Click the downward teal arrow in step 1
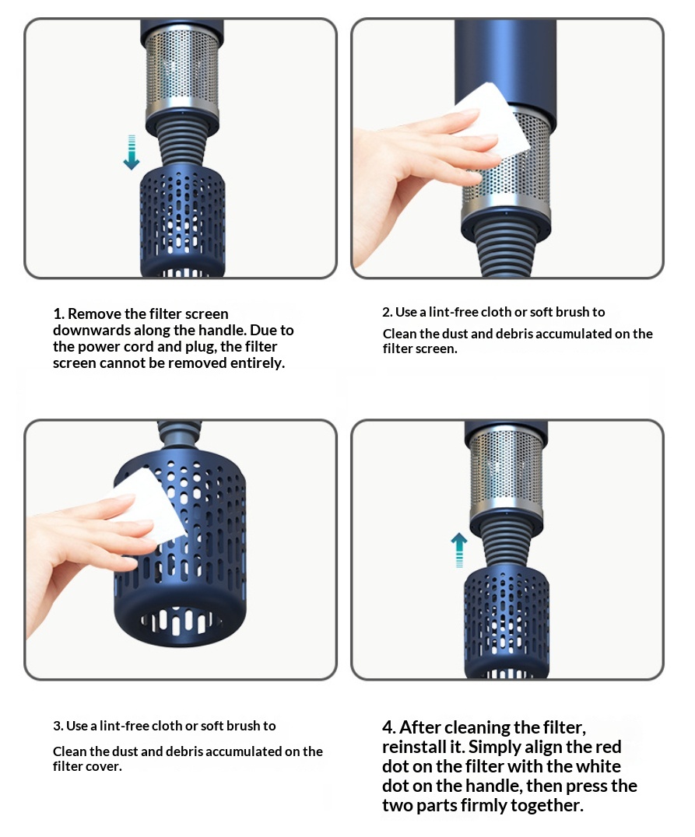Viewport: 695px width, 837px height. [x=132, y=152]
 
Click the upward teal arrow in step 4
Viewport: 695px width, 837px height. [x=459, y=549]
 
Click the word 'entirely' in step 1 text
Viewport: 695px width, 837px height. [x=258, y=363]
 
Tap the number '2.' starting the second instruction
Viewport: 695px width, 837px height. [x=388, y=312]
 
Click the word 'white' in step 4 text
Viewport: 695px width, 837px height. [x=597, y=766]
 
